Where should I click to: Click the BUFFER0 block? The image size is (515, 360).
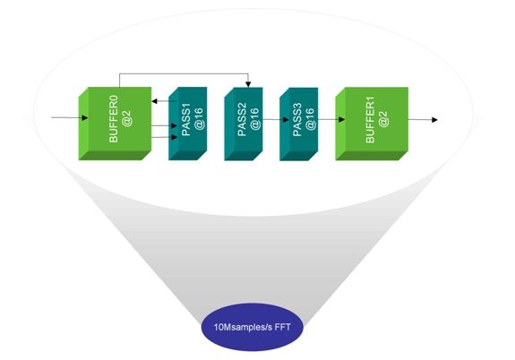coord(115,124)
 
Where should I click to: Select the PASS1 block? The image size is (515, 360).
coord(187,124)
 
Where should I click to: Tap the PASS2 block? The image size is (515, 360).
coord(244,124)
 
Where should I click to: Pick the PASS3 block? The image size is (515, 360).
coord(298,124)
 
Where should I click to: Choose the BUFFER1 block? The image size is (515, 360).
coord(372,124)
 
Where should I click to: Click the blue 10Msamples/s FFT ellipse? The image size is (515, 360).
coord(253,327)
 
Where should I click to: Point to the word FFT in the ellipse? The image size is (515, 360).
coord(283,327)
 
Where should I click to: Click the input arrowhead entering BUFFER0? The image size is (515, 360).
coord(85,118)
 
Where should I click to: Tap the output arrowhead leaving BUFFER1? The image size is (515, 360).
coord(434,120)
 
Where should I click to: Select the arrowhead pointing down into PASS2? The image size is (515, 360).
coord(248,84)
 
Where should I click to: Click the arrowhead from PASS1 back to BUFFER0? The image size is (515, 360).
coord(155,101)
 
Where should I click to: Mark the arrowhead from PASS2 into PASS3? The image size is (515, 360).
coord(286,120)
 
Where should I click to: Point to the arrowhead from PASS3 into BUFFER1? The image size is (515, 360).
coord(341,120)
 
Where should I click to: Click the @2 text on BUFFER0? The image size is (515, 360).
coord(126,119)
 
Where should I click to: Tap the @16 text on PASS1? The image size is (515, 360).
coord(199,119)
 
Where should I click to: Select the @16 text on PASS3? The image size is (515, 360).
coord(310,119)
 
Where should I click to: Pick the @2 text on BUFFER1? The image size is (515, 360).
coord(383,119)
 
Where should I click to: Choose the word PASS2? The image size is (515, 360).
coord(242,119)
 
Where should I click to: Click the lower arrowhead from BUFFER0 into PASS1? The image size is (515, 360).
coord(174,137)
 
